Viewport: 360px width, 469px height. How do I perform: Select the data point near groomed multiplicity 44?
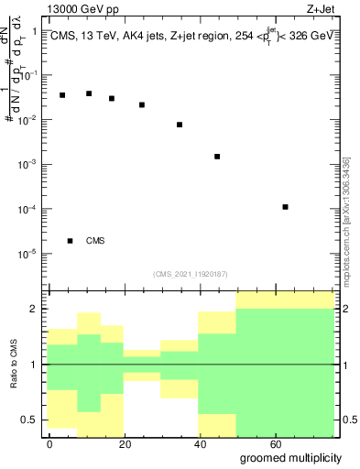pos(217,157)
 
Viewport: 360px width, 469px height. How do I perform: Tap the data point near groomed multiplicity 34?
pos(180,125)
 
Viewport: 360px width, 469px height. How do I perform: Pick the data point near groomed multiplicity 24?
pos(142,104)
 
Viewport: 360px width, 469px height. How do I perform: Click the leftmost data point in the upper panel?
pos(62,95)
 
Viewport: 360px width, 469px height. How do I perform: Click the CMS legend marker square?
pos(71,241)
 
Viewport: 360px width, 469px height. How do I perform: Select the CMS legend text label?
pos(95,241)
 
